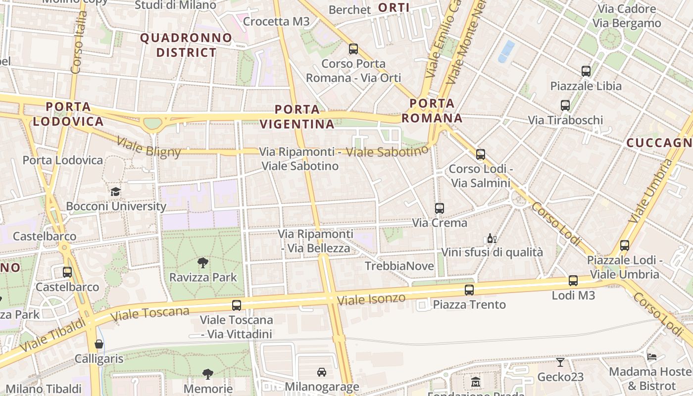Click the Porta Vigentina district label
(x=297, y=117)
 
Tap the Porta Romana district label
(x=432, y=111)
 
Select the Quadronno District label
(x=186, y=45)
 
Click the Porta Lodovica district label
(x=68, y=114)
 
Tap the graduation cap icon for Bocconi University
(x=116, y=192)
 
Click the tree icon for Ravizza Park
(x=202, y=262)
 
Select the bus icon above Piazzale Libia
(x=586, y=71)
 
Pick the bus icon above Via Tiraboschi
(x=565, y=105)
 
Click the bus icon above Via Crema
(x=439, y=208)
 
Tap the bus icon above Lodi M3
(x=573, y=281)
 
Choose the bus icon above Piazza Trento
(x=469, y=290)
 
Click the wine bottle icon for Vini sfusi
(x=492, y=239)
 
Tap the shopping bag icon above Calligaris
(x=99, y=344)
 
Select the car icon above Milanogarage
(x=321, y=372)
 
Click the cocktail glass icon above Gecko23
(x=560, y=362)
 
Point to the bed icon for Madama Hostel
(x=652, y=357)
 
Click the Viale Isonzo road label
(x=371, y=299)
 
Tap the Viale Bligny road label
(x=148, y=148)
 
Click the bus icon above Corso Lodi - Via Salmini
(x=480, y=154)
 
